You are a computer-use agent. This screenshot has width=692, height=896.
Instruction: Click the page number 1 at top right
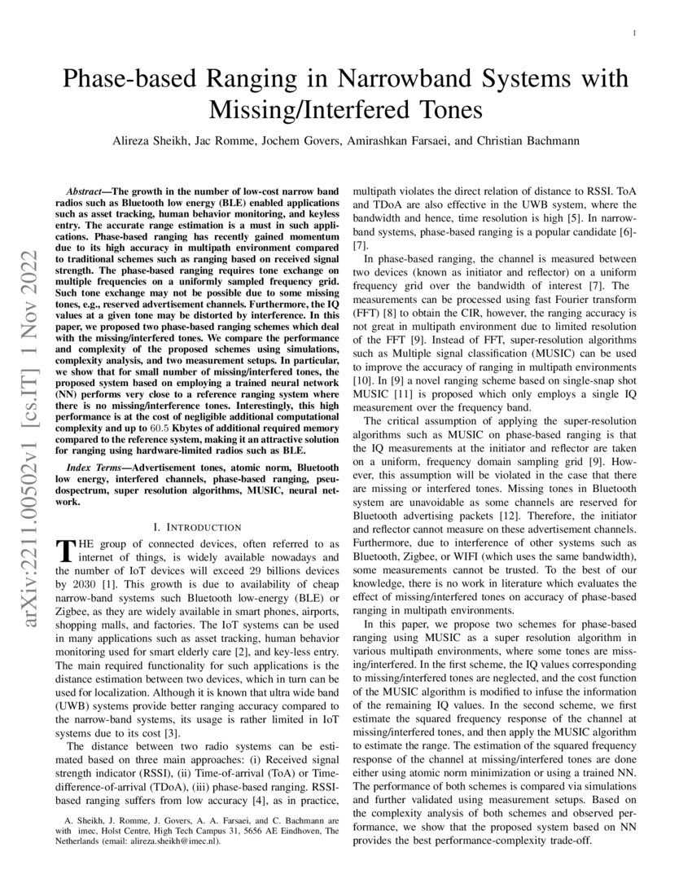coord(633,33)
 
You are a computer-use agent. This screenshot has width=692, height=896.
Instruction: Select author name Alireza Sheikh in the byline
coord(152,140)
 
